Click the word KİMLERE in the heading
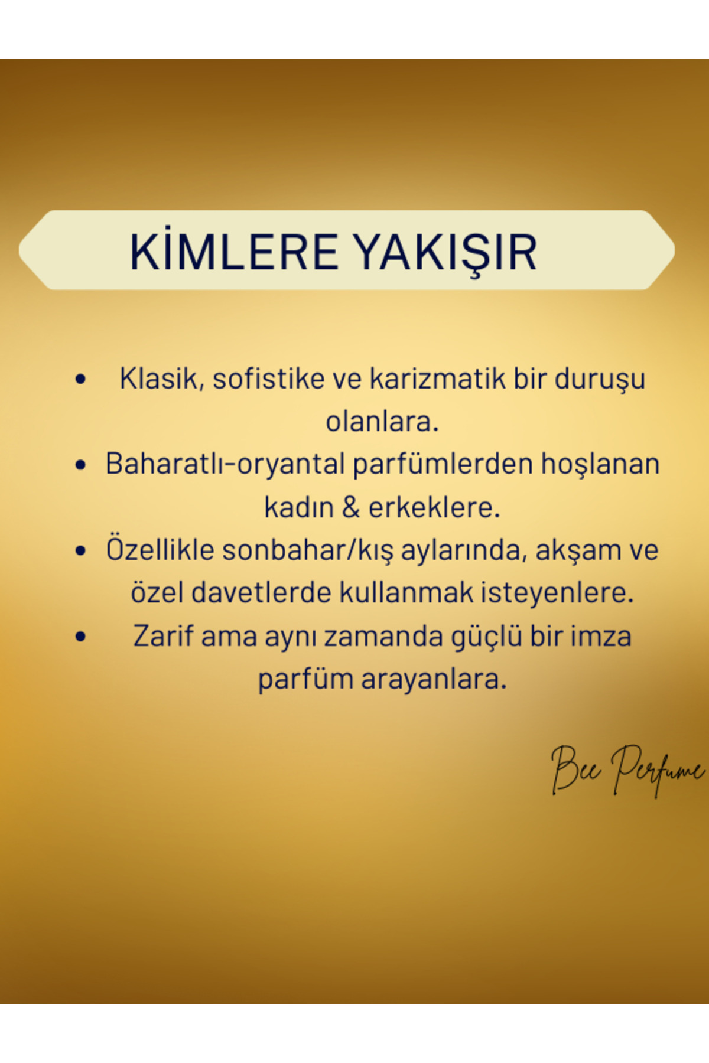click(234, 252)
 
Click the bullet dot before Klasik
click(81, 379)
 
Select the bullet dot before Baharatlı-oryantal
click(81, 465)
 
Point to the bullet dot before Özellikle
click(81, 551)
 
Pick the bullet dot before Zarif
click(81, 637)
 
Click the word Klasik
click(162, 379)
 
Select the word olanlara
click(382, 422)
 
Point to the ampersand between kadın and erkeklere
click(350, 507)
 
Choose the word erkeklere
click(434, 507)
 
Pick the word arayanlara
click(434, 680)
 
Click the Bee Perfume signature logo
click(628, 769)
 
